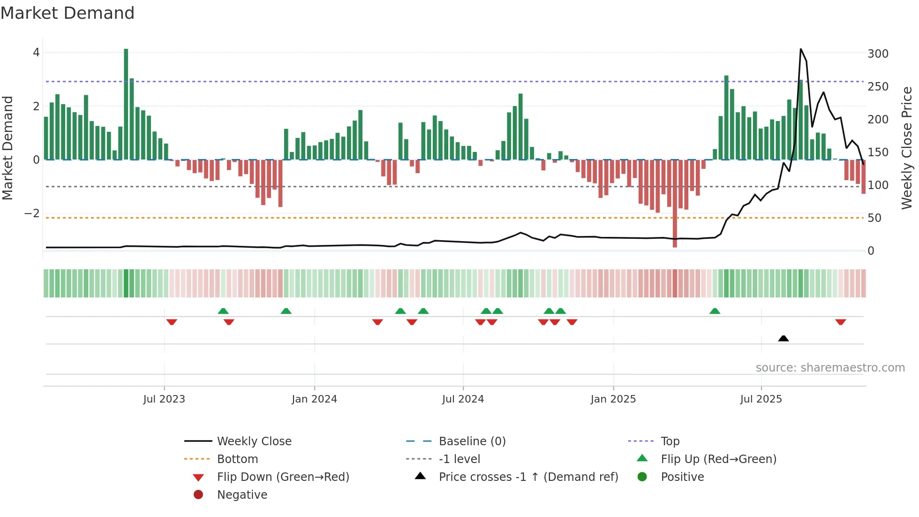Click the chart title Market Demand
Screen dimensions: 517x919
point(68,13)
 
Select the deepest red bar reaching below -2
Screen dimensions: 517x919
point(675,204)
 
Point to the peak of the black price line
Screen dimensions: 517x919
point(800,49)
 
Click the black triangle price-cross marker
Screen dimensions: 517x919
point(783,338)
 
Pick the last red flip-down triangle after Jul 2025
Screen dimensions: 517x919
point(840,322)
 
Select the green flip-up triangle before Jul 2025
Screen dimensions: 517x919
point(715,311)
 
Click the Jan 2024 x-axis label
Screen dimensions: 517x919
point(314,399)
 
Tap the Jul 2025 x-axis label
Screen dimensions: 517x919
point(761,399)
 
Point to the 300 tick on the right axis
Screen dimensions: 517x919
point(878,54)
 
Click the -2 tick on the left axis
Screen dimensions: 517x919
point(32,213)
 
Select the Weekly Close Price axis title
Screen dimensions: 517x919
point(907,148)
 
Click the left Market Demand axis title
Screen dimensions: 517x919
point(8,148)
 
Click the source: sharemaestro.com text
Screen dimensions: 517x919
point(830,368)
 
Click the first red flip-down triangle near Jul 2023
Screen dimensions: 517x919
point(172,322)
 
